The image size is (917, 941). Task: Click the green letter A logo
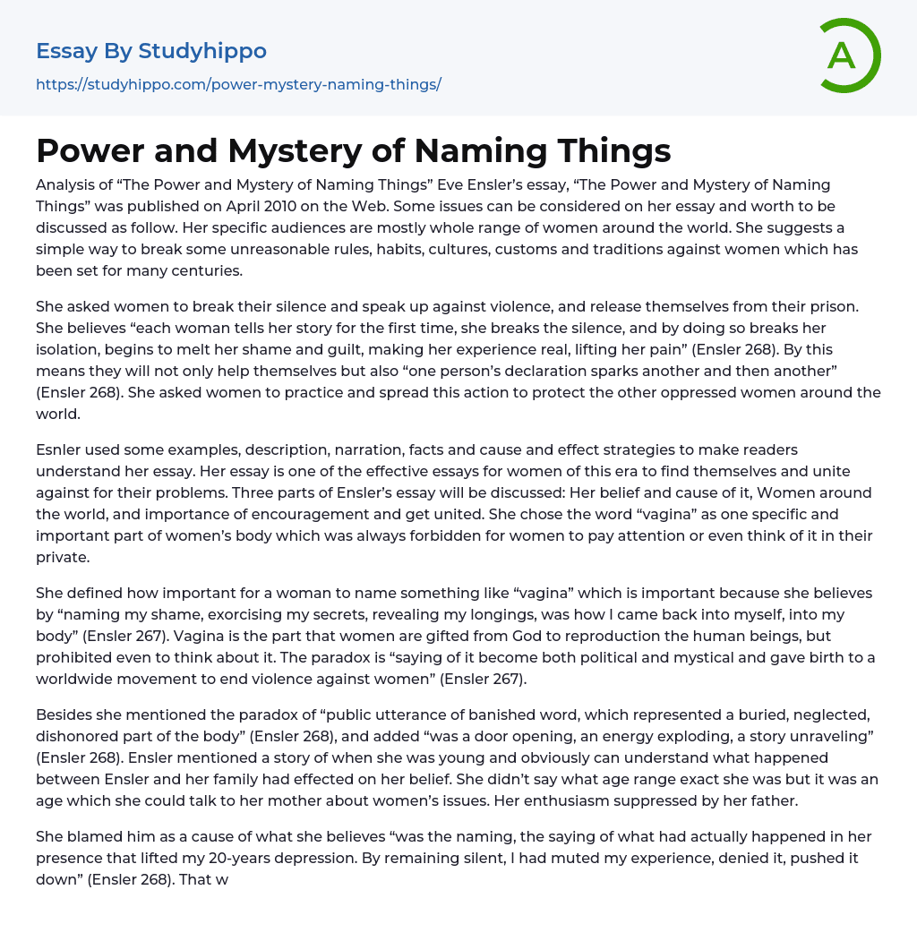tap(848, 56)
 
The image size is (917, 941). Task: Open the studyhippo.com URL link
tap(238, 84)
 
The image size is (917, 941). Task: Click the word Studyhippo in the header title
tap(202, 51)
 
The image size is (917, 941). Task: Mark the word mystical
tap(630, 657)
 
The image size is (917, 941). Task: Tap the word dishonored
tap(79, 736)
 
